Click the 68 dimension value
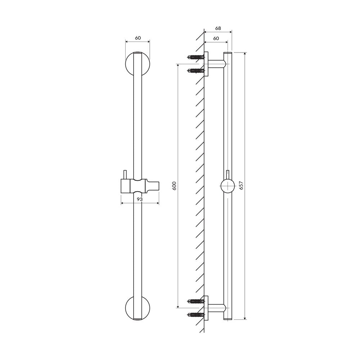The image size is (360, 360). (x=218, y=28)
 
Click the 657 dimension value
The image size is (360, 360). (x=241, y=185)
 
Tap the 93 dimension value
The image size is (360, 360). (x=140, y=199)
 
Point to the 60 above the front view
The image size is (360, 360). (x=138, y=38)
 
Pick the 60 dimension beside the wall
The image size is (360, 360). (x=216, y=39)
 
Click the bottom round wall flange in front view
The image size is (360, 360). (x=138, y=308)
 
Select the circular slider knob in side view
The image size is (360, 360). (x=227, y=186)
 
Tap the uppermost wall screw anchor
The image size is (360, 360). (x=196, y=57)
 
